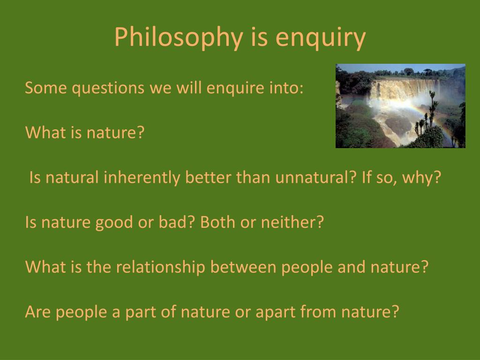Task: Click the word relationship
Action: tap(161, 267)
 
